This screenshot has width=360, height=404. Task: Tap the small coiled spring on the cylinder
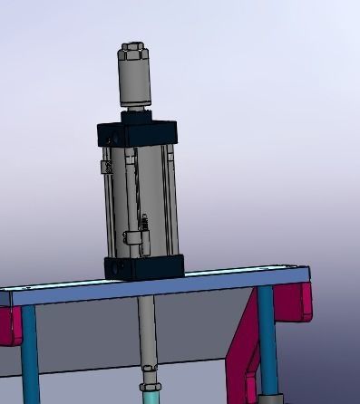coord(142,223)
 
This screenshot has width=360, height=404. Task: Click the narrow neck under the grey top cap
coord(135,111)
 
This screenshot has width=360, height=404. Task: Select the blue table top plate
coord(154,289)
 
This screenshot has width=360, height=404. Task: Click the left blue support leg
coord(29,353)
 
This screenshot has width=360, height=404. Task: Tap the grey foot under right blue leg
coord(269,399)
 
